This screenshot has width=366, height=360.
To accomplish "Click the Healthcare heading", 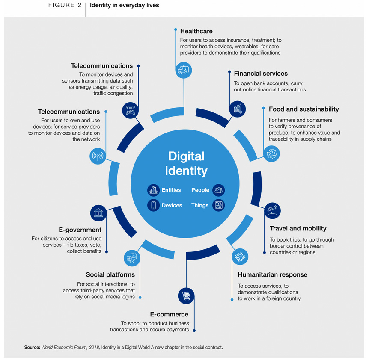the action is pyautogui.click(x=196, y=31).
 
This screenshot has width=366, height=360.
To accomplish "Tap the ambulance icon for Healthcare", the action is pyautogui.click(x=184, y=70).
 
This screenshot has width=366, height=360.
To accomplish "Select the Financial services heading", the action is pyautogui.click(x=261, y=74).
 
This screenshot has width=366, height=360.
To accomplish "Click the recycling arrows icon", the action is pyautogui.click(x=271, y=154).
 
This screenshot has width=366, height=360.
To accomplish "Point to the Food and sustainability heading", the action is pyautogui.click(x=304, y=109).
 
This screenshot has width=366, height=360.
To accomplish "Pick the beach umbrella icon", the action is pyautogui.click(x=272, y=211).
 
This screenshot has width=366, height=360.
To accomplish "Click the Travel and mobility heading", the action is pyautogui.click(x=298, y=228).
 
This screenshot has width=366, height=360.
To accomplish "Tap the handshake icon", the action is pyautogui.click(x=240, y=257).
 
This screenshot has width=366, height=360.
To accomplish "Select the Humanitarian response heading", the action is pyautogui.click(x=272, y=274).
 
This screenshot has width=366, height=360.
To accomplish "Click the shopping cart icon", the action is pyautogui.click(x=186, y=296).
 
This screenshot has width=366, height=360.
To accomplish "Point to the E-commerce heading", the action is pyautogui.click(x=169, y=314).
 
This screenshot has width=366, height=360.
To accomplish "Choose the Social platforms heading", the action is pyautogui.click(x=110, y=274).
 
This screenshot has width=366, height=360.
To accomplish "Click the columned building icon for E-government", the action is pyautogui.click(x=98, y=213).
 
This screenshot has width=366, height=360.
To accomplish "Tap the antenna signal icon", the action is pyautogui.click(x=98, y=156).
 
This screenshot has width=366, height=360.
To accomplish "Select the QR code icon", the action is pyautogui.click(x=130, y=110).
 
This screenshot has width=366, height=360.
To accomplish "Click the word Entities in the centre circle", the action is pyautogui.click(x=171, y=190).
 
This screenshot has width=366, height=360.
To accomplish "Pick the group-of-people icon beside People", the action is pyautogui.click(x=219, y=190).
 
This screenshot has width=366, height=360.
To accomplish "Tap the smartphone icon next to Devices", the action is pyautogui.click(x=153, y=205).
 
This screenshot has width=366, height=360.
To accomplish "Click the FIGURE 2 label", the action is pyautogui.click(x=65, y=5).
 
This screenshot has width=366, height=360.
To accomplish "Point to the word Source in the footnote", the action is pyautogui.click(x=32, y=348).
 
